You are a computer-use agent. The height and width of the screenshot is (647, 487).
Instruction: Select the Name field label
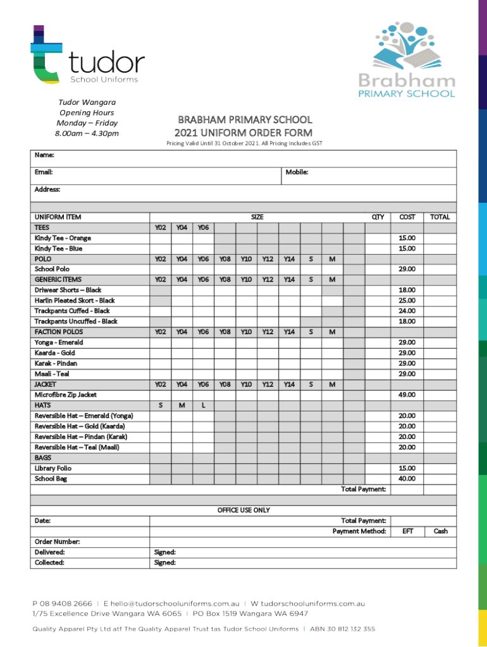click(44, 155)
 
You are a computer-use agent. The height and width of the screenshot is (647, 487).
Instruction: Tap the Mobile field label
click(297, 172)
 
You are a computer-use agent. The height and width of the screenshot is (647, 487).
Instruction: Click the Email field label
click(44, 172)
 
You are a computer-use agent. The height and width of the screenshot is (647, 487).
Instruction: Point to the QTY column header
click(378, 217)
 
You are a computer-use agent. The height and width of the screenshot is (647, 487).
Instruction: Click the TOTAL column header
click(440, 217)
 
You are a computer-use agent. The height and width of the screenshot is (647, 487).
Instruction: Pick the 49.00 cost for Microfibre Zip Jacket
click(407, 395)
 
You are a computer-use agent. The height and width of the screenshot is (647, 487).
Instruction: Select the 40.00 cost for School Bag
click(407, 479)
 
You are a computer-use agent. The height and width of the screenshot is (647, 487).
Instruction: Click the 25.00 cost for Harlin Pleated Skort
click(407, 301)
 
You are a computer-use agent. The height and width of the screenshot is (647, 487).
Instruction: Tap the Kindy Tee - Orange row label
click(63, 238)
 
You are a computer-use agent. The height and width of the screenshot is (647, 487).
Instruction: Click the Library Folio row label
click(53, 468)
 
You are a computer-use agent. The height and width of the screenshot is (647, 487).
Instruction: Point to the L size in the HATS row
click(203, 406)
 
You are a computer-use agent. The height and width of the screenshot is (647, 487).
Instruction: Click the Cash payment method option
click(440, 531)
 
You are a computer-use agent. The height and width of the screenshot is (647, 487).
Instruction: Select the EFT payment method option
click(407, 531)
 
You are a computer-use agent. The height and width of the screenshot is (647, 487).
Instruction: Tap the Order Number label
click(57, 541)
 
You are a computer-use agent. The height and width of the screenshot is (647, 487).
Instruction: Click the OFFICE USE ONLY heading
click(244, 510)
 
